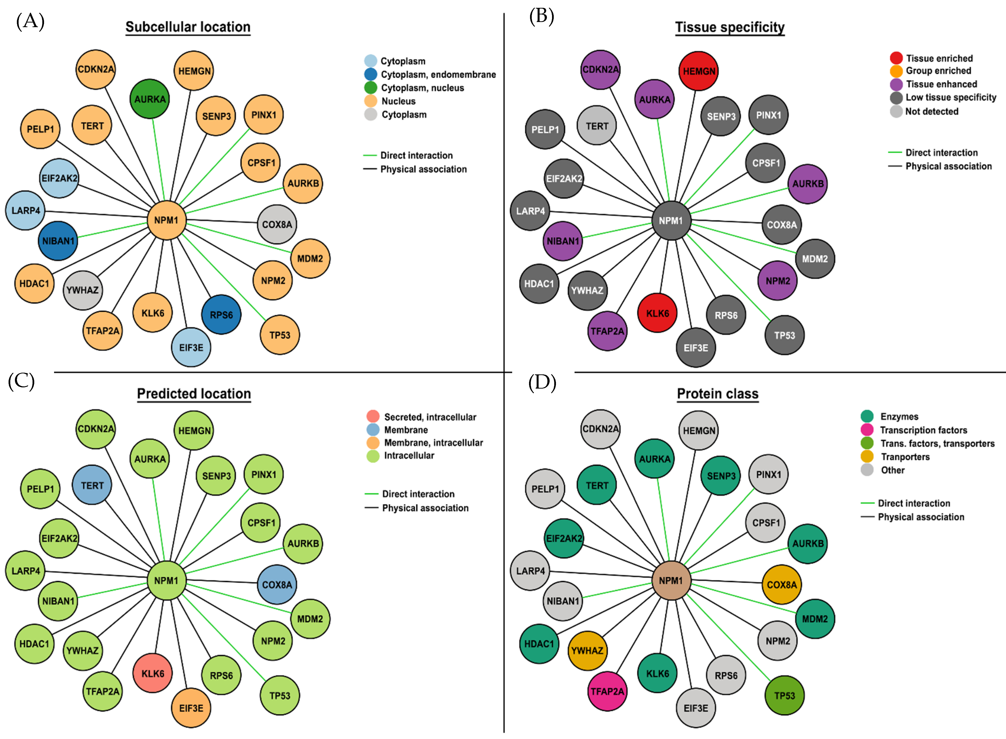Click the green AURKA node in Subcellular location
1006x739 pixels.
[x=150, y=99]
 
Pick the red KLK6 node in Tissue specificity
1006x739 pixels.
[x=657, y=313]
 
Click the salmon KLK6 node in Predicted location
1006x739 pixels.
[x=153, y=673]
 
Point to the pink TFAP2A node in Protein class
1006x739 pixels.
[x=607, y=691]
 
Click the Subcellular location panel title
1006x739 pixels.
[x=188, y=27]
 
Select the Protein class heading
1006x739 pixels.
[x=717, y=394]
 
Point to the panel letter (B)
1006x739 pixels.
[x=541, y=17]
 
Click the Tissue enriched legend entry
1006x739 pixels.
[x=939, y=58]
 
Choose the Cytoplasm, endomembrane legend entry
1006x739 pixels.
[x=438, y=74]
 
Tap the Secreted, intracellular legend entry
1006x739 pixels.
[x=430, y=417]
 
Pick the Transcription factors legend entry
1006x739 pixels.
[x=923, y=430]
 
